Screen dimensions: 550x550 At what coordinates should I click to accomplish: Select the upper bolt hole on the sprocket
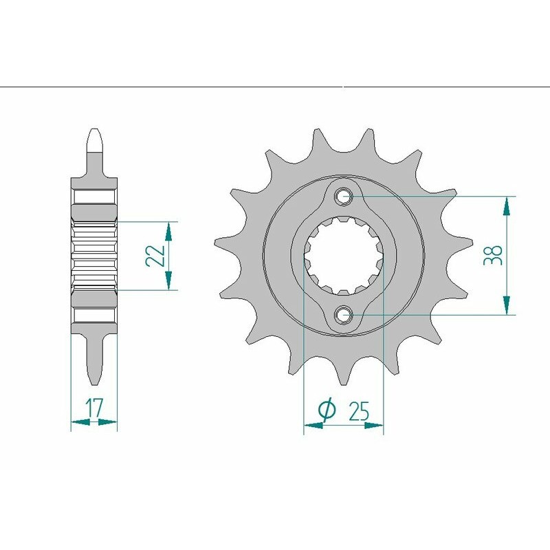click(344, 196)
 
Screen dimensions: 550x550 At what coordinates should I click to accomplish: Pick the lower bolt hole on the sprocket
click(344, 315)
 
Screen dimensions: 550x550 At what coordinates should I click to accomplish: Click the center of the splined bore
click(344, 255)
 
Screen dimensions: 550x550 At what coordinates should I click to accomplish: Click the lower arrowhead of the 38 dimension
click(507, 306)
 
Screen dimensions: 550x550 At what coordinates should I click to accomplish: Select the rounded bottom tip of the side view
click(94, 380)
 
